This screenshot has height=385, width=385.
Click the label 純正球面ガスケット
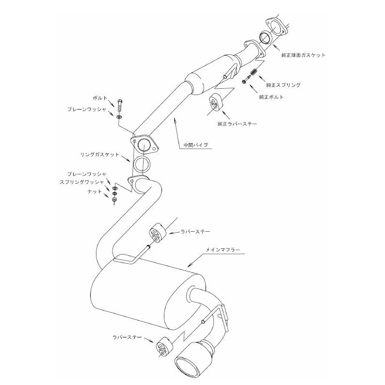pyautogui.click(x=303, y=55)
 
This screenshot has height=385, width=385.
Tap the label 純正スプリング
pyautogui.click(x=283, y=85)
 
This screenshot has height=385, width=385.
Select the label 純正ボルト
pyautogui.click(x=272, y=97)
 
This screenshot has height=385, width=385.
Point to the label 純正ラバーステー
pyautogui.click(x=238, y=124)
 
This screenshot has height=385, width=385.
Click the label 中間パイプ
pyautogui.click(x=196, y=145)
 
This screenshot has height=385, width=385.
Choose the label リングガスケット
pyautogui.click(x=100, y=155)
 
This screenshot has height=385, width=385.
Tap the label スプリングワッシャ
pyautogui.click(x=82, y=182)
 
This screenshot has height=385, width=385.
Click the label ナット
pyautogui.click(x=95, y=192)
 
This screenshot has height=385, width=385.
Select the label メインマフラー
pyautogui.click(x=223, y=250)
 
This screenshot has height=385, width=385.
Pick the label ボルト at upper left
pyautogui.click(x=100, y=98)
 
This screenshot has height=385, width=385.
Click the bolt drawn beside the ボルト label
pyautogui.click(x=120, y=105)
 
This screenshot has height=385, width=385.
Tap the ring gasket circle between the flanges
pyautogui.click(x=142, y=164)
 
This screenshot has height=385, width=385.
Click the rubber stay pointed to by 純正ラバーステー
pyautogui.click(x=215, y=103)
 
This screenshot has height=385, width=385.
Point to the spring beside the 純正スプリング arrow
pyautogui.click(x=254, y=72)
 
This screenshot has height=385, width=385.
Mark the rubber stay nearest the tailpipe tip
pyautogui.click(x=164, y=347)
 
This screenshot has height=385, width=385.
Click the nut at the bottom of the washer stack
pyautogui.click(x=114, y=200)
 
